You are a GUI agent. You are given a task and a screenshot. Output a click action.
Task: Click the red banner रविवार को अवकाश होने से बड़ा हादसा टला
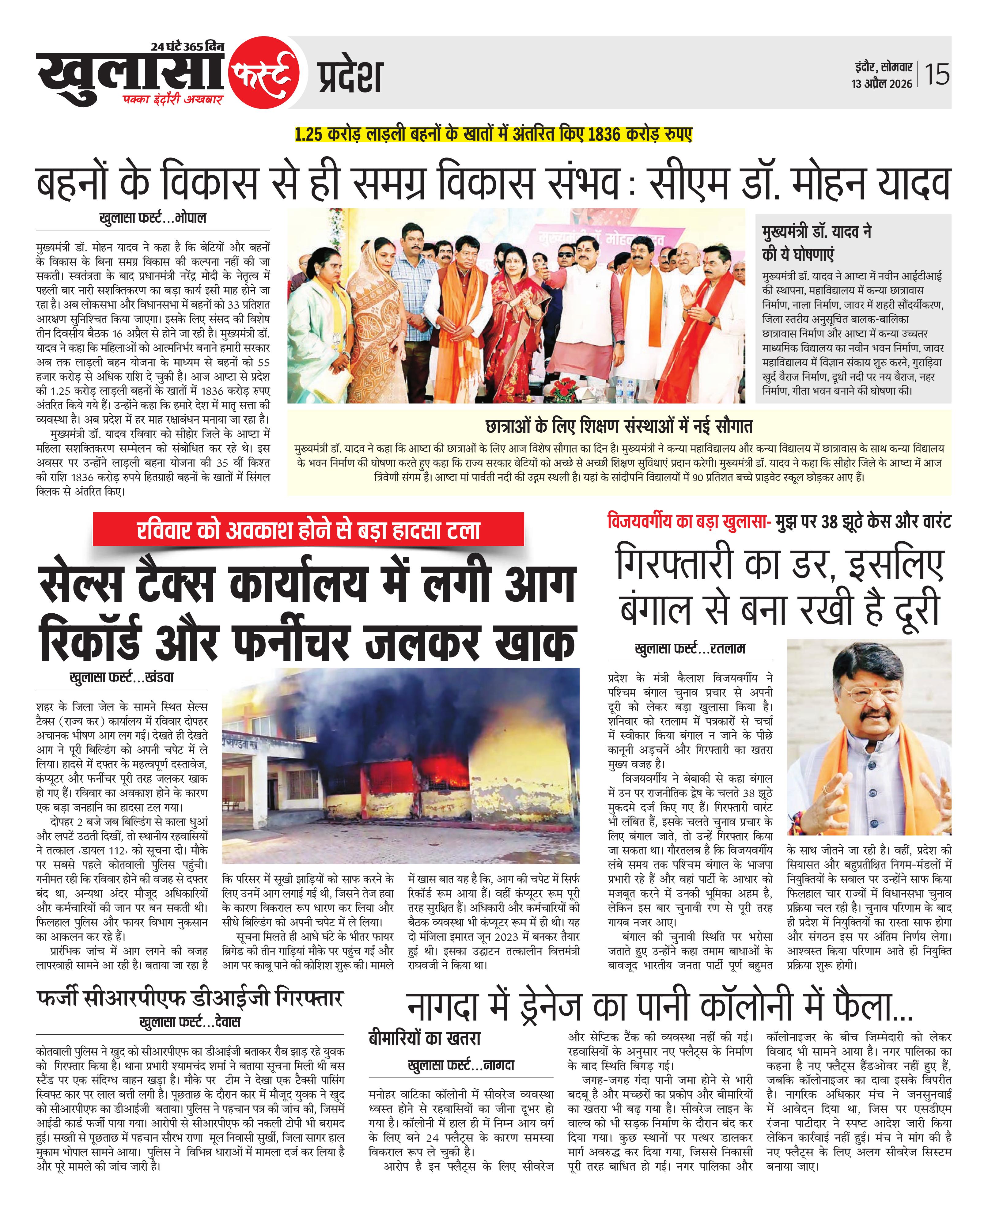coord(309,530)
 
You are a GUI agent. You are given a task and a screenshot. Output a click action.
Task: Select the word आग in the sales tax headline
coord(539,584)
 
